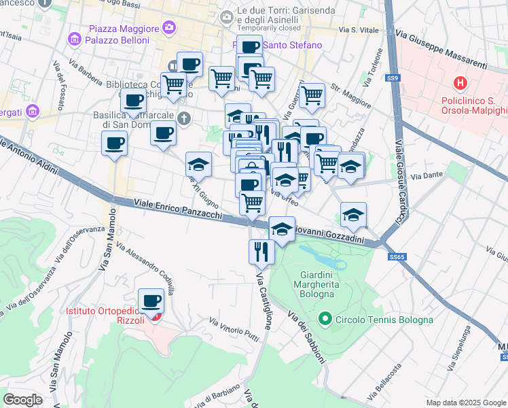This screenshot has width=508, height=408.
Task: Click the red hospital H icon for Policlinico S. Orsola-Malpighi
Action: (460, 84)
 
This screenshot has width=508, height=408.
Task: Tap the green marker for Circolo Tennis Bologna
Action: (325, 318)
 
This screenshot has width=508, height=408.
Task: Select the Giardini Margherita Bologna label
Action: (316, 285)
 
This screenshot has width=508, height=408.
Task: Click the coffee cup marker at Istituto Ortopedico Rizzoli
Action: (151, 301)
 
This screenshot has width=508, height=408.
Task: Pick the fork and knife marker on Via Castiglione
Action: (261, 252)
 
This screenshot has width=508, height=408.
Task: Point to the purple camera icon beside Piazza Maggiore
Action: (168, 29)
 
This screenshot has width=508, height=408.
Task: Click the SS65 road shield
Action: (397, 257)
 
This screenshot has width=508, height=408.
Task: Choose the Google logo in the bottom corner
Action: (22, 400)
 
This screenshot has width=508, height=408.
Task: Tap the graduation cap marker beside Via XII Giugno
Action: (198, 165)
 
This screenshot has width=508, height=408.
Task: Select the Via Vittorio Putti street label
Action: (235, 330)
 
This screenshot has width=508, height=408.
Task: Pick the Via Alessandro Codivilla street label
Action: (145, 269)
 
